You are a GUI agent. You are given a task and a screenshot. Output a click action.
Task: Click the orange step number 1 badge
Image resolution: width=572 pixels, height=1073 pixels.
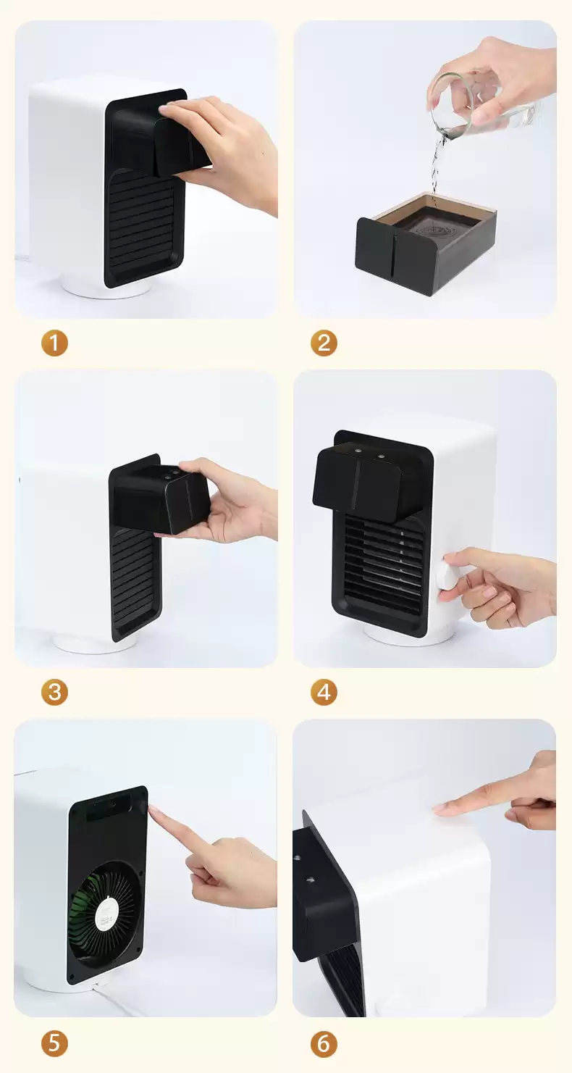[54, 343]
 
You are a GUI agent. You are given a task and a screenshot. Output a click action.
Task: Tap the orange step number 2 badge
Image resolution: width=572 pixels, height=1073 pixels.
[324, 343]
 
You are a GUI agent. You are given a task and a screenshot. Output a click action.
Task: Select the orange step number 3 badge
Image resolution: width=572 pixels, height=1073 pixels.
[54, 692]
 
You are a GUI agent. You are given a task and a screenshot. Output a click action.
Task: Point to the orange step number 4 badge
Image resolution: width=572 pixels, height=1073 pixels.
[324, 692]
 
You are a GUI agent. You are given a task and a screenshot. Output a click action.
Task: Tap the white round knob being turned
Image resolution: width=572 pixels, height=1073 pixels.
[449, 576]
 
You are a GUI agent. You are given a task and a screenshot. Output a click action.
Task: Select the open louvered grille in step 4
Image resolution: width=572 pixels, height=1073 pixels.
[384, 567]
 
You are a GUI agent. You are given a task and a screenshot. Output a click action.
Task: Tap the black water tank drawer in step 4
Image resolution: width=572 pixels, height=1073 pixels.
[368, 481]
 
